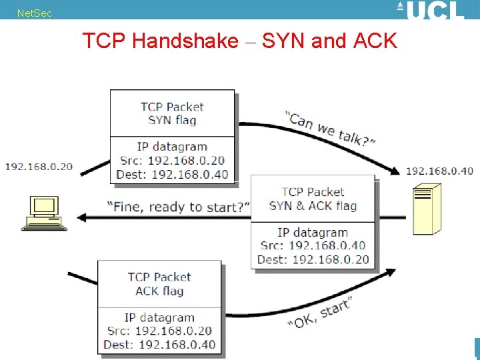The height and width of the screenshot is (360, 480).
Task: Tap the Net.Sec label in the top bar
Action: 34,13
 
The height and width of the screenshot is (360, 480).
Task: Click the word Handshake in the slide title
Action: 185,41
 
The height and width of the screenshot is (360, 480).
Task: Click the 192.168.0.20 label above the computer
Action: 39,166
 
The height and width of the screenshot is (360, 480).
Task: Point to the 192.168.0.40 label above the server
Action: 439,171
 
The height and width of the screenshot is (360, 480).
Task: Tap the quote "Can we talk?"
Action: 331,129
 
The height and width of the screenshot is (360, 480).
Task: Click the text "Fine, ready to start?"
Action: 179,207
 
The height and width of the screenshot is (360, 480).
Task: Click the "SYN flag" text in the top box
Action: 172,121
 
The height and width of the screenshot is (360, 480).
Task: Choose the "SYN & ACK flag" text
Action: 313,206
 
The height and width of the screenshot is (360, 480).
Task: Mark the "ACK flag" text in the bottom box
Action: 159,291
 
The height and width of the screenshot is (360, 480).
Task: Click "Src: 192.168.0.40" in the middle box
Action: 313,246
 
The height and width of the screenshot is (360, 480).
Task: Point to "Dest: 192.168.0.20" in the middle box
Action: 313,259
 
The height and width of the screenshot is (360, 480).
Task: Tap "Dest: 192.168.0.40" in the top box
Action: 172,175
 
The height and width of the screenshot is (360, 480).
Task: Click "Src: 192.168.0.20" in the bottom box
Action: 159,331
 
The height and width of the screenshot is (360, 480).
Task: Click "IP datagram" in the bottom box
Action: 159,317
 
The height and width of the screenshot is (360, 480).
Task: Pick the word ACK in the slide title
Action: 375,41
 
